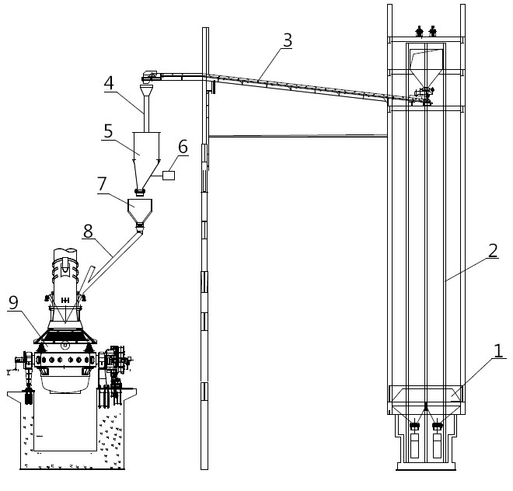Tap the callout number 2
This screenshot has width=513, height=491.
(x=493, y=250)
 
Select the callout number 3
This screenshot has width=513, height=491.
(x=288, y=40)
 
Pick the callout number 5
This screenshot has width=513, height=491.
(x=109, y=130)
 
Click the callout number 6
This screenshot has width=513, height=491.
(x=183, y=145)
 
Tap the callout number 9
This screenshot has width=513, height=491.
(x=13, y=304)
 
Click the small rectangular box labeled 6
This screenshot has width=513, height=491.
(x=169, y=176)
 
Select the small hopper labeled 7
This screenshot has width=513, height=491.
(x=140, y=211)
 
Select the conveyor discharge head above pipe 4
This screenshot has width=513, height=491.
(x=148, y=75)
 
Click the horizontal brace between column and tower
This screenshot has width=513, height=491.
(x=298, y=137)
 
